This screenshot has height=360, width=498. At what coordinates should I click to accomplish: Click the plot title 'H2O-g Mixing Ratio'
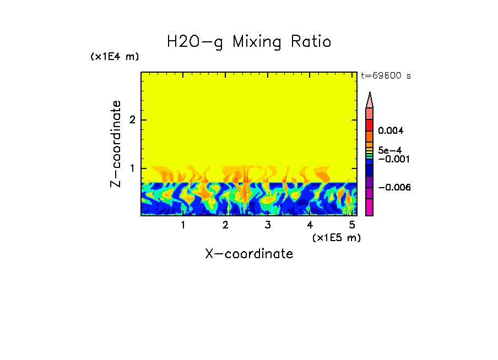pos(249,42)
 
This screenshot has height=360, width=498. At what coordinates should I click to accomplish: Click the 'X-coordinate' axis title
pos(249,254)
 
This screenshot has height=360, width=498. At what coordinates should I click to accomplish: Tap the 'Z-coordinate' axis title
pos(116,144)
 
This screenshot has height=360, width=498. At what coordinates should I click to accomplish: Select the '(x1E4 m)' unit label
pos(115,57)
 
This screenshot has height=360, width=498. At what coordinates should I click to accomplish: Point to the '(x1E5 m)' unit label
pos(336,237)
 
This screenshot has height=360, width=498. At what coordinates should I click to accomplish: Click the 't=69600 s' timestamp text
pos(386,76)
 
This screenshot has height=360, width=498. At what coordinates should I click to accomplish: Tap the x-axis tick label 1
pos(183,225)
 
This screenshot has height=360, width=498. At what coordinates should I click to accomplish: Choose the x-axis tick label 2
pos(225,225)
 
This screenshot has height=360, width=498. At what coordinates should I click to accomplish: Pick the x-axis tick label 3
pos(267,225)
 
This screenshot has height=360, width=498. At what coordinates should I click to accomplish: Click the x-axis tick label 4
pos(310,225)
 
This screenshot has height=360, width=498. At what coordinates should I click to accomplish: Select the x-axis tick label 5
pos(352,225)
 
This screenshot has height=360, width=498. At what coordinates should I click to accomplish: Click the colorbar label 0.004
pos(391,131)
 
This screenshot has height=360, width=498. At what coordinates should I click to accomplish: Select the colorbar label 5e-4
pos(389,150)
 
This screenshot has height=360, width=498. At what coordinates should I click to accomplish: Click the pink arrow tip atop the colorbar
pos(370,100)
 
